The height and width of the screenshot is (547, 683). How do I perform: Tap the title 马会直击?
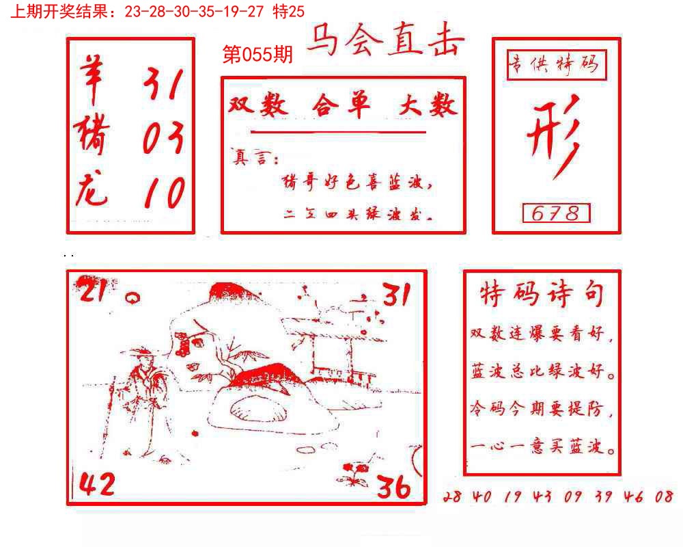pos(385,42)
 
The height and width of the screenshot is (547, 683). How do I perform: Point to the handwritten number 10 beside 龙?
pos(164,193)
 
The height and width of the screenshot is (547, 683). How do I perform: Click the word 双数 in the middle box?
pos(258,106)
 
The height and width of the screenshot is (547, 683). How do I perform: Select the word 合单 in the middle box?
pos(341,106)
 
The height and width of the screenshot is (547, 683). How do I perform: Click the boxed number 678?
pos(556,213)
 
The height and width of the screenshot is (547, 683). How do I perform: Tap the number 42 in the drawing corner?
pos(97,485)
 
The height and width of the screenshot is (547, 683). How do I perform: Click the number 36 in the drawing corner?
pos(394,487)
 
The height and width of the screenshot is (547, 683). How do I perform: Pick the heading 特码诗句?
pos(542,295)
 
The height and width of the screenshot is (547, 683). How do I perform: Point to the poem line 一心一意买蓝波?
pos(542,449)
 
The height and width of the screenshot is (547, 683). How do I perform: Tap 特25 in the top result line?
pos(289,11)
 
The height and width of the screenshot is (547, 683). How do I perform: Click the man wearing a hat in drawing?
pos(141,397)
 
